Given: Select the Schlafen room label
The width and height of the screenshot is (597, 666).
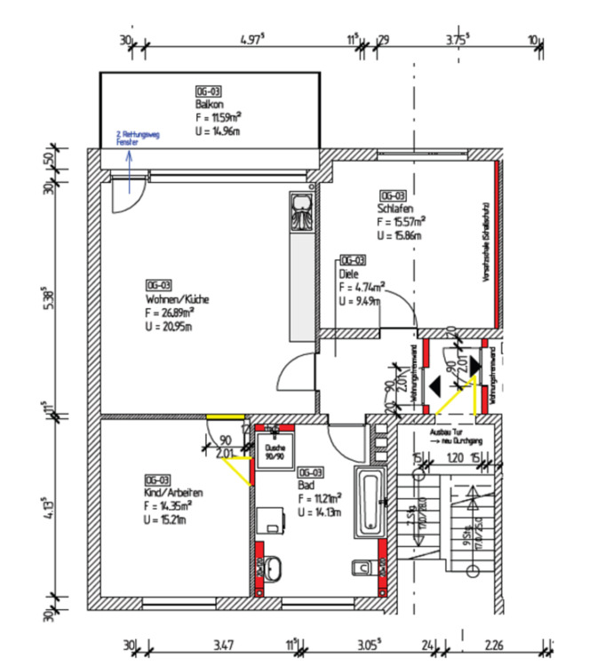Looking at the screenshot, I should [x=394, y=210].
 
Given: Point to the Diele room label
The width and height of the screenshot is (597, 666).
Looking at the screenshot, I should [x=347, y=274].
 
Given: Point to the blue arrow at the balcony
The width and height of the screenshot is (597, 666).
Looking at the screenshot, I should [x=128, y=170].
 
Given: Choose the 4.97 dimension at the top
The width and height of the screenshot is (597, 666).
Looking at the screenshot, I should [x=253, y=40].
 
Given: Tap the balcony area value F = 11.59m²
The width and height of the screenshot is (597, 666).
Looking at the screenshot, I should [x=219, y=117].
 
